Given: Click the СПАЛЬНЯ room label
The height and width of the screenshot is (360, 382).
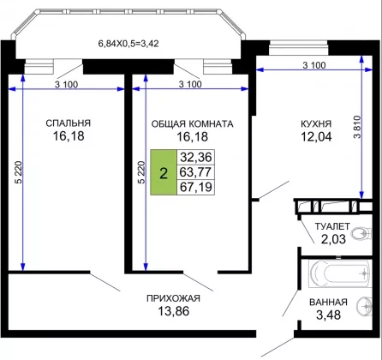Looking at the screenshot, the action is click(69, 123).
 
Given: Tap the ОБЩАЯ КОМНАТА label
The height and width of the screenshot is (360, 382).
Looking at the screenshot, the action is click(192, 123).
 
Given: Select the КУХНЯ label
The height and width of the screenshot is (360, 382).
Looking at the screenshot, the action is click(316, 123).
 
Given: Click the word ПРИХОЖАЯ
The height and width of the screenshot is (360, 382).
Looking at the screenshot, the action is click(173, 298).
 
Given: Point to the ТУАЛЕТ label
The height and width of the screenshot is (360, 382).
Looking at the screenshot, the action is click(332, 226).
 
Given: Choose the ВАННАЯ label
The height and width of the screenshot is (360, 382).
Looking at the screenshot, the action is click(328, 302).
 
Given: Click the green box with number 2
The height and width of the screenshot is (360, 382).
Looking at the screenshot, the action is click(164, 172).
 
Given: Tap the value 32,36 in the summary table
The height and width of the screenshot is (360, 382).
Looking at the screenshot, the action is click(196, 157).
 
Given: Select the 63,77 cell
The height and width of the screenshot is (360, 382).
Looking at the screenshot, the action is click(196, 172).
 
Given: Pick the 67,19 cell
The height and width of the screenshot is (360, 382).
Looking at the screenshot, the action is click(196, 188).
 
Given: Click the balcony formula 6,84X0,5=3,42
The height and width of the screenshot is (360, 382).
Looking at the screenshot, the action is click(128, 44).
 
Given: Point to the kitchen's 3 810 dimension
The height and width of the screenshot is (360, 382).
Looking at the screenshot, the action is click(357, 127).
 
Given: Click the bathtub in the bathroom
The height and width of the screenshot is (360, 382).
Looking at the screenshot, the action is click(340, 273).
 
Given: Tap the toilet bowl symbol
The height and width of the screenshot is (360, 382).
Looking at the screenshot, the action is click(362, 234).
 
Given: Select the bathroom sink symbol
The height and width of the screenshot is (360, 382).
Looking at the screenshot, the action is click(365, 306).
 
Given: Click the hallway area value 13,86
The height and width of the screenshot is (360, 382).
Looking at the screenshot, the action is click(174, 311).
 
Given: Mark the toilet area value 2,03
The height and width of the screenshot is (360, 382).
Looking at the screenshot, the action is click(333, 239).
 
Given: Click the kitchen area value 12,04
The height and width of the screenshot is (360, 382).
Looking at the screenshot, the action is click(316, 136).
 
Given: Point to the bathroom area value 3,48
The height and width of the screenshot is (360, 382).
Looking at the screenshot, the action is click(328, 315).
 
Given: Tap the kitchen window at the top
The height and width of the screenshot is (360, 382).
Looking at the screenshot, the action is click(298, 48).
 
